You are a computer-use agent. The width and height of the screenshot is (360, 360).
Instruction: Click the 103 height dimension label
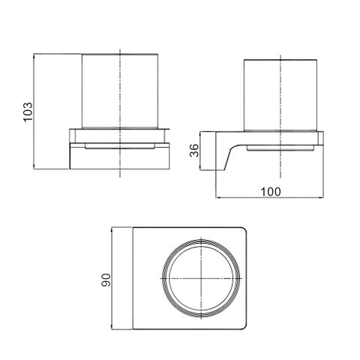coord(28,112)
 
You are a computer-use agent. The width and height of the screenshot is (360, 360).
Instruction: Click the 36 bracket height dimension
coord(194,150)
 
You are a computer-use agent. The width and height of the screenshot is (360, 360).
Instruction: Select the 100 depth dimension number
coord(271,192)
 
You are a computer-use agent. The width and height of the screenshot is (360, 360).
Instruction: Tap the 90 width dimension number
coord(106,280)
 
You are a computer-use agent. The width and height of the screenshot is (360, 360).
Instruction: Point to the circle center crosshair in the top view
coord(202,278)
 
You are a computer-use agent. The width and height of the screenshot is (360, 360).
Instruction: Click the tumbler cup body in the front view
coord(120,91)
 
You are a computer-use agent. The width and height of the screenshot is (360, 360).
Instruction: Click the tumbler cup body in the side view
coord(280,95)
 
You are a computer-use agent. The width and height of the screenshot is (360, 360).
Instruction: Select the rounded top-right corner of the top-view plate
coord(244,230)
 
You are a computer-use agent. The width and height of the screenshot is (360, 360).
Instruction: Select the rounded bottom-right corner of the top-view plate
coord(244,325)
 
